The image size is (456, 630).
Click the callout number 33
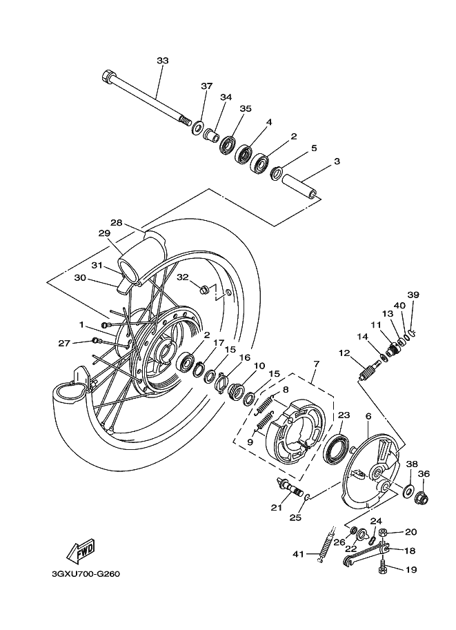pos(162,61)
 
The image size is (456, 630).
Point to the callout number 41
pos(297,554)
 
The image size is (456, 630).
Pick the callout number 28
pos(116,223)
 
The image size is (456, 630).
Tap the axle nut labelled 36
pos(423,495)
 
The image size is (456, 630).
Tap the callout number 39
pos(413,295)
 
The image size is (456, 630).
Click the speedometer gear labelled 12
pos(366,377)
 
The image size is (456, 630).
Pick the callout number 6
pos(368,416)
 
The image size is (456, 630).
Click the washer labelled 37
pos(197,128)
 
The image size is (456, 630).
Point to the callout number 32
pos(182,277)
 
